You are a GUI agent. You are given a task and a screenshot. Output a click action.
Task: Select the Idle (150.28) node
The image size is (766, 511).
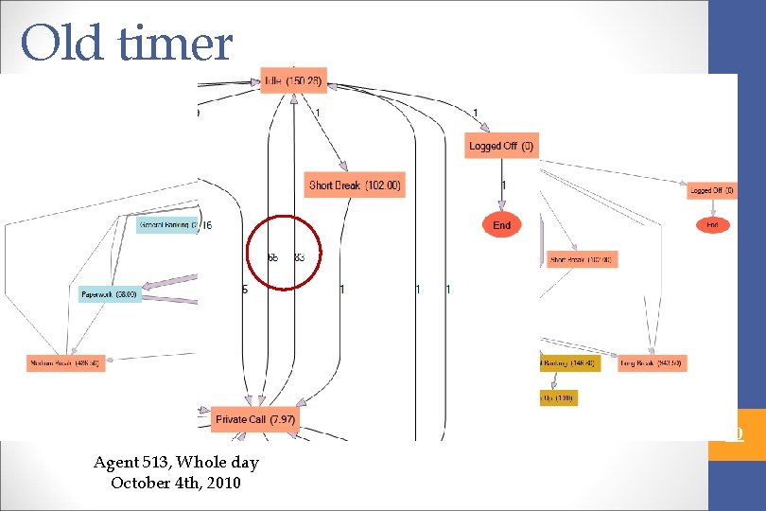[x=294, y=82]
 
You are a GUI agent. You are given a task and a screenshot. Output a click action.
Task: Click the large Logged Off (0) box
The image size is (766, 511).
[x=501, y=146]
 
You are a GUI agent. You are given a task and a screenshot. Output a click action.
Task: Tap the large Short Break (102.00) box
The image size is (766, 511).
[x=356, y=185]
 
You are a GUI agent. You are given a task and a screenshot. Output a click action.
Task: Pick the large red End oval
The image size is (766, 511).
[x=501, y=225]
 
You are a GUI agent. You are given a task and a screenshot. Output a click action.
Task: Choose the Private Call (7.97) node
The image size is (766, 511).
[x=256, y=419]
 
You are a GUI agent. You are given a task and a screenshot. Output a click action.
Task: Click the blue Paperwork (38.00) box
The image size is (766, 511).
[x=110, y=294]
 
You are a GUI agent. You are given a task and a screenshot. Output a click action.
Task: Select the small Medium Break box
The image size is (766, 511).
[x=64, y=362]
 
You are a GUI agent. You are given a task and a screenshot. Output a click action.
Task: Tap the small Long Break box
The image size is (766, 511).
[x=652, y=363]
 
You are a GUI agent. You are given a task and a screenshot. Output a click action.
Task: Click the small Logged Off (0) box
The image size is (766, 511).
[x=712, y=191]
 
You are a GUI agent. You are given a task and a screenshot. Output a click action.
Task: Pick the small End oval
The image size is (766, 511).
[x=712, y=225]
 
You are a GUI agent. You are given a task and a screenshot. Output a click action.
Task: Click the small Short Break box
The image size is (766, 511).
[x=581, y=259]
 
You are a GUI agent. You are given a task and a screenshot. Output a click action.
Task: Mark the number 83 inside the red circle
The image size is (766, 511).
[x=300, y=257]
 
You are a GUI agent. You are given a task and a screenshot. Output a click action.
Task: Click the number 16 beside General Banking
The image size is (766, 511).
[x=206, y=225]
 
